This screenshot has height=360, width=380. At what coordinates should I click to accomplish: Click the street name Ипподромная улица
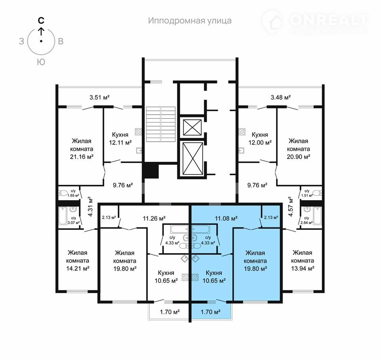pos(190,21)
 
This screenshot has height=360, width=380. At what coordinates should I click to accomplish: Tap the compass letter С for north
pos(41,21)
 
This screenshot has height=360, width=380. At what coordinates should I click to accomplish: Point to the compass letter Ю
pos(41,62)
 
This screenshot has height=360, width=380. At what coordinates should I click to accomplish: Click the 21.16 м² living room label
pos(82,149)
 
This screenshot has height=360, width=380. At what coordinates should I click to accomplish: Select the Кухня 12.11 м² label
pos(120,138)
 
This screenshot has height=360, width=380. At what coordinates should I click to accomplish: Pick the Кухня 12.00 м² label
pos(260,138)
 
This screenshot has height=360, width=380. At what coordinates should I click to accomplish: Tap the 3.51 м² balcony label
pos(100,97)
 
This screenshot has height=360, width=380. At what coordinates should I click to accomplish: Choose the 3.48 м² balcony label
pos(281,97)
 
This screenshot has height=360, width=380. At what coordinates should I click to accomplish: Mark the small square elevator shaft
pos(192,127)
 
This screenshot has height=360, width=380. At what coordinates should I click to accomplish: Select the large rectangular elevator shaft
pos(193,158)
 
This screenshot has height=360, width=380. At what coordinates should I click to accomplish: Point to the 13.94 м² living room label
pos(303,261)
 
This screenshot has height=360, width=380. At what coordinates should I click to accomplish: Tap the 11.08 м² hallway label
pos(226,218)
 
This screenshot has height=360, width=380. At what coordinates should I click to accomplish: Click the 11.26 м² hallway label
pos(154,218)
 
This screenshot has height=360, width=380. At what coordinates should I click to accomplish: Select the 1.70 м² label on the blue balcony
pos(210,312)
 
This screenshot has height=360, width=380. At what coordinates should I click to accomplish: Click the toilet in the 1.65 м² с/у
pos(63,193)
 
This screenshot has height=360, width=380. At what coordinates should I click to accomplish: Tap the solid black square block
pos(150,171)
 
